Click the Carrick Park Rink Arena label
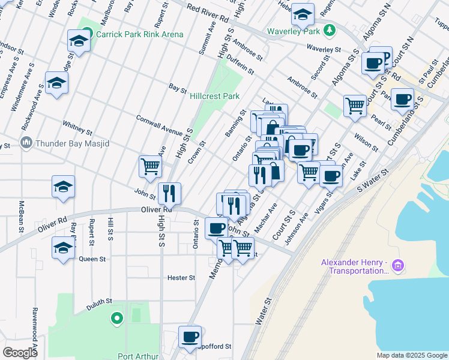(139, 34)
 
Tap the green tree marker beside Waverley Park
(328, 30)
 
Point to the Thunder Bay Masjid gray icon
(26, 143)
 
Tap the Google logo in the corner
(20, 353)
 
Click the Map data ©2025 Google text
(412, 355)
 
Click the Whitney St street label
(77, 127)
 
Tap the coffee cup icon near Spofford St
(190, 337)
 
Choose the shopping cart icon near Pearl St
(355, 106)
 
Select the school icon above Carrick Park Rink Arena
(79, 40)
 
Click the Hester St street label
(181, 278)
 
